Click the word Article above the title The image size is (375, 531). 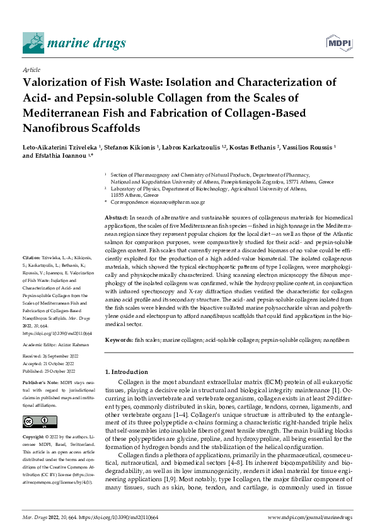31,69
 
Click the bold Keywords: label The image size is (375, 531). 119,340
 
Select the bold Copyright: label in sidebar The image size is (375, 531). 35,437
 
